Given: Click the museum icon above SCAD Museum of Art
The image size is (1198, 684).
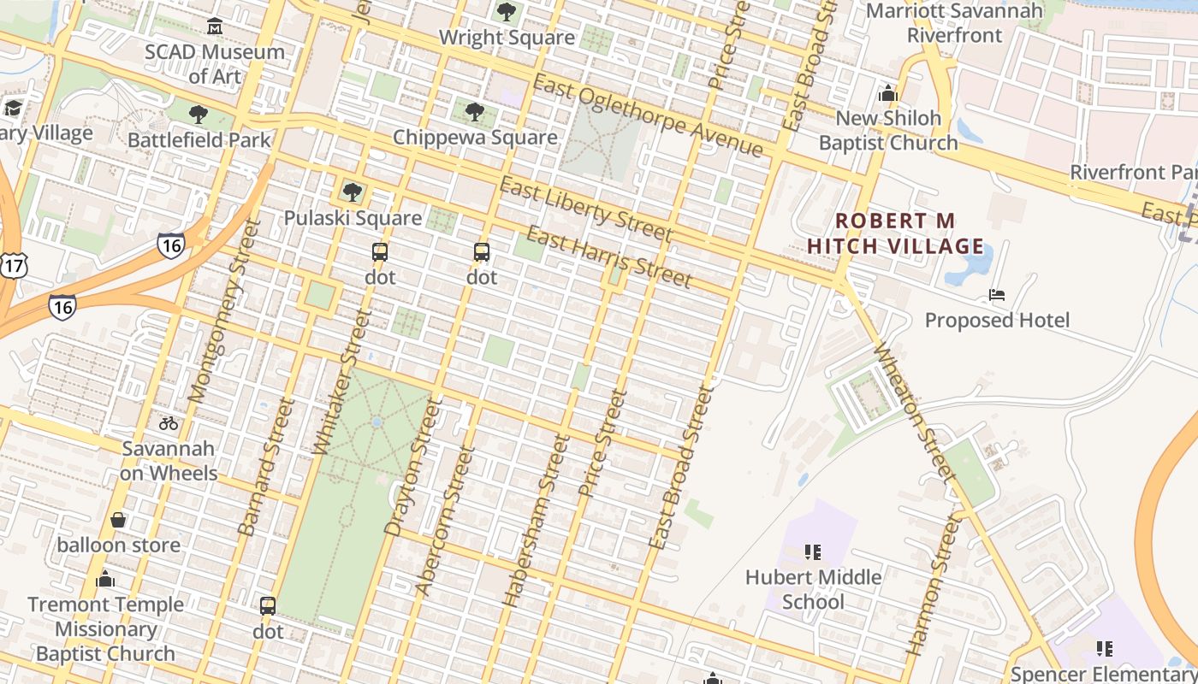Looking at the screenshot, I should (x=214, y=27).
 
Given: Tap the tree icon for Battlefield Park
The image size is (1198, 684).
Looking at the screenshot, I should (x=199, y=115).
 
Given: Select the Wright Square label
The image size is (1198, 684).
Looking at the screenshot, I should (x=507, y=38).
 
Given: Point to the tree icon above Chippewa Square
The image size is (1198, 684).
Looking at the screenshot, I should (x=475, y=111).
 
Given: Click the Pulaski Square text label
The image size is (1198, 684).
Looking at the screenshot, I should (x=353, y=218).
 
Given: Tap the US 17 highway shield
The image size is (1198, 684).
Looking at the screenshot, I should (x=14, y=265).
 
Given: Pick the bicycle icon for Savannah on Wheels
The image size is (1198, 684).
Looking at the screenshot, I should (x=169, y=422).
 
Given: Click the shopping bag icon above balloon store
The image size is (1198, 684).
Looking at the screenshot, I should (x=118, y=520).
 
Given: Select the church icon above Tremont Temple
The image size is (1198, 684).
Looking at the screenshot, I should (x=105, y=580).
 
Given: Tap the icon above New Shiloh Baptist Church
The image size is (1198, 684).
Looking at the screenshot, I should (x=888, y=92).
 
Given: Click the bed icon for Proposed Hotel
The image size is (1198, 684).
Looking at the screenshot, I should (x=997, y=296).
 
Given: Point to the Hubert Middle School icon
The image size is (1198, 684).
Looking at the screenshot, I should (x=813, y=552).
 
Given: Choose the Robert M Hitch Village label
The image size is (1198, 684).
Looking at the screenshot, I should (x=895, y=233).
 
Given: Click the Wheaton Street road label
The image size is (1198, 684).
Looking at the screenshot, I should (x=914, y=410).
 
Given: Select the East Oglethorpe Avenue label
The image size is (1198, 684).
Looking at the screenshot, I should (x=647, y=116).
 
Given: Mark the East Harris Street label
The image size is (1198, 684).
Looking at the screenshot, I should (x=608, y=257).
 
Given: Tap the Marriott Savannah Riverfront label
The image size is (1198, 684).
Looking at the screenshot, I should (x=954, y=23).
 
